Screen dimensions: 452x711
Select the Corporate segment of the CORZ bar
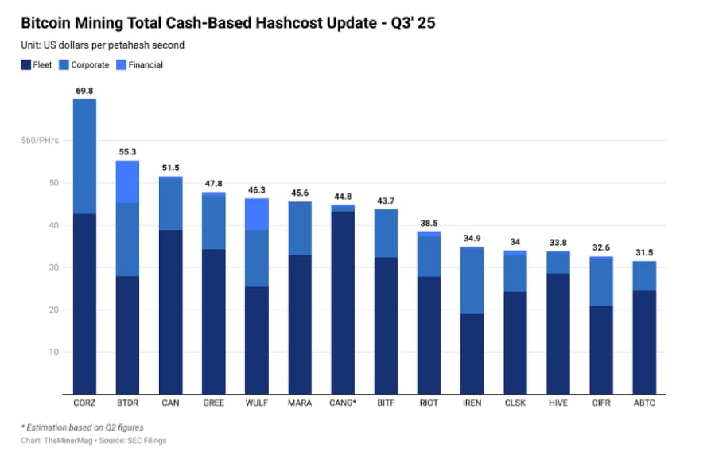84,156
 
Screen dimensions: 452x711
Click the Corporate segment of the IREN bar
473,280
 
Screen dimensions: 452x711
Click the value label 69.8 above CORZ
84,92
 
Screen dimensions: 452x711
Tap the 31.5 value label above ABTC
645,253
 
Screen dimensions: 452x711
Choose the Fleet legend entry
37,64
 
